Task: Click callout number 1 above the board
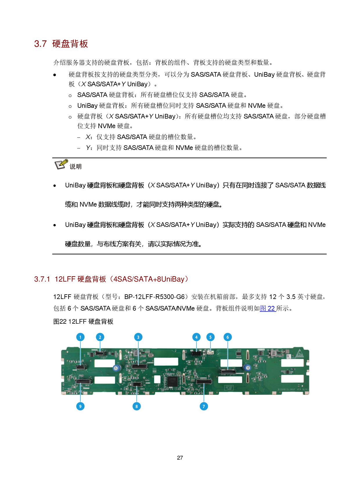(80, 337)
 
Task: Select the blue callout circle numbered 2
(100, 337)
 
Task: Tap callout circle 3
(138, 337)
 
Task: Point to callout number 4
(196, 337)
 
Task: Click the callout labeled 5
(210, 337)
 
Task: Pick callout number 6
(228, 337)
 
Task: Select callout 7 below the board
(204, 406)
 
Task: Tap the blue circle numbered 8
(136, 406)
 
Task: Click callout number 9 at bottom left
(80, 406)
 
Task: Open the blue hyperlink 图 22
(268, 309)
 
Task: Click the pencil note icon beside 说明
(62, 164)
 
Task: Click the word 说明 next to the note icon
(75, 166)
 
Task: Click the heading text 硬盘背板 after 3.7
(70, 44)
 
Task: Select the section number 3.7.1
(42, 279)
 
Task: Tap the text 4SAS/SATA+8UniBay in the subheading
(149, 279)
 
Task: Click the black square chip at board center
(172, 381)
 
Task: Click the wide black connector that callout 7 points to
(204, 381)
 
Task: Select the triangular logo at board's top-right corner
(300, 353)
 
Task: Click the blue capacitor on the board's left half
(117, 368)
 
